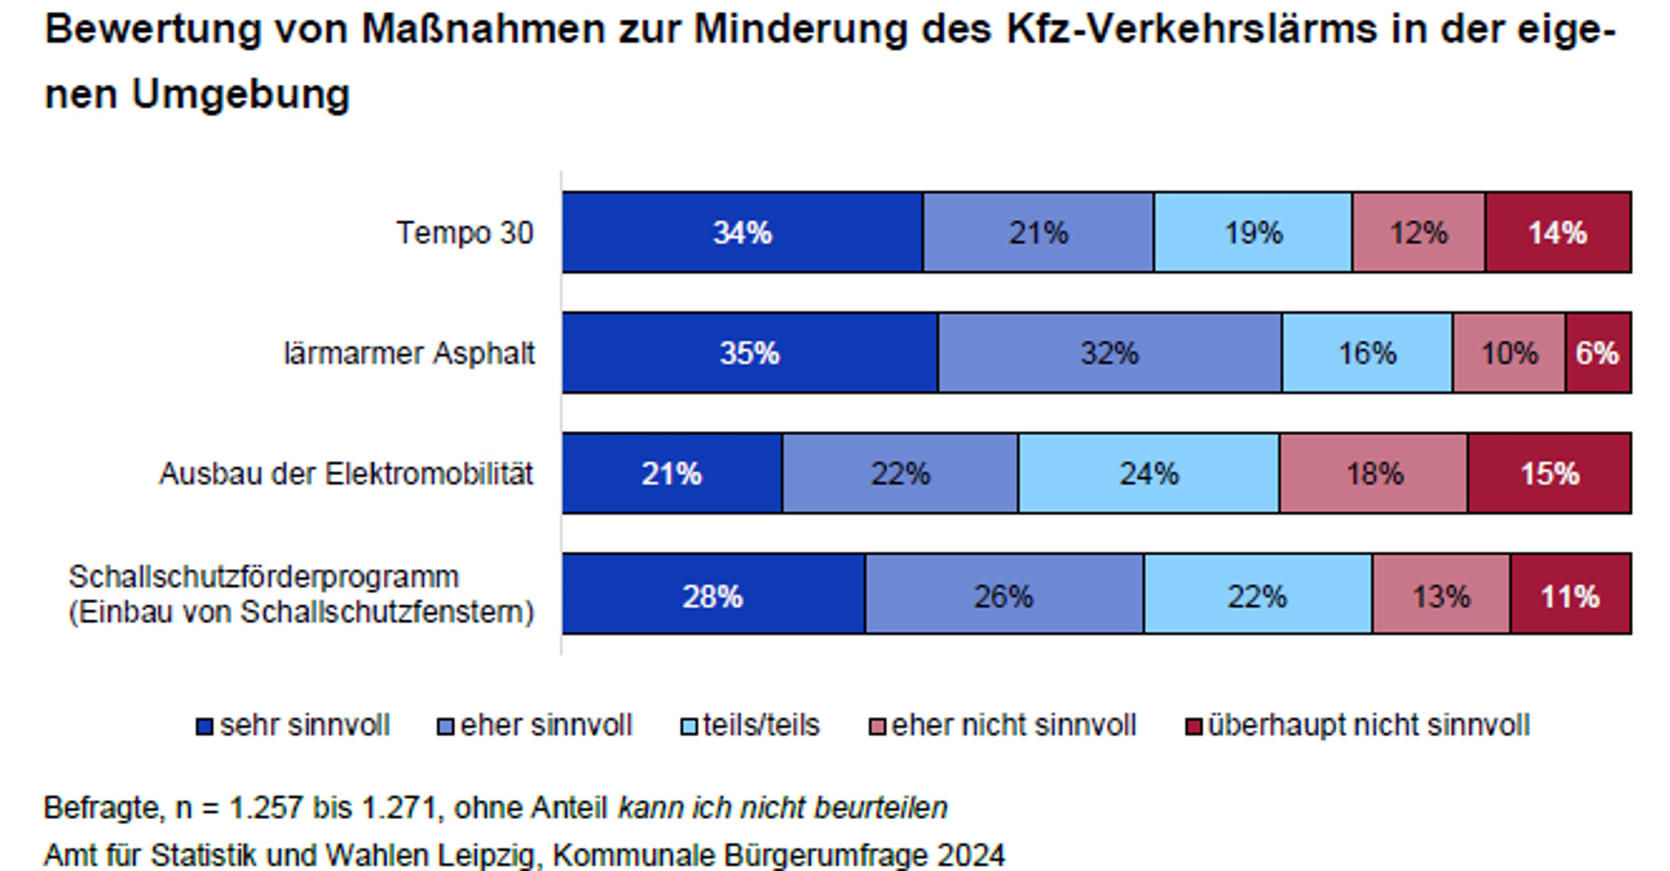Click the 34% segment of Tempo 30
[742, 233]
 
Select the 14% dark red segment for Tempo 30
[1557, 233]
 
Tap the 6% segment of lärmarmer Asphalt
[1597, 353]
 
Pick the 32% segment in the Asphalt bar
[1109, 353]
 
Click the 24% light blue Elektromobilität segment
[1148, 473]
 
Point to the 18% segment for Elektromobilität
[1374, 473]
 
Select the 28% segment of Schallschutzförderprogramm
[713, 595]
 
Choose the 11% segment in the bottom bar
[1570, 595]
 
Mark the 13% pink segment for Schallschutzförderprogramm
[1441, 595]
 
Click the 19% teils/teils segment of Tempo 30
[1253, 233]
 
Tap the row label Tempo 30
[465, 233]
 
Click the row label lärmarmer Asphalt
[409, 353]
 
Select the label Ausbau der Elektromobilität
[346, 473]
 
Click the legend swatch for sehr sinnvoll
[204, 726]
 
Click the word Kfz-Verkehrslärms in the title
[1191, 30]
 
